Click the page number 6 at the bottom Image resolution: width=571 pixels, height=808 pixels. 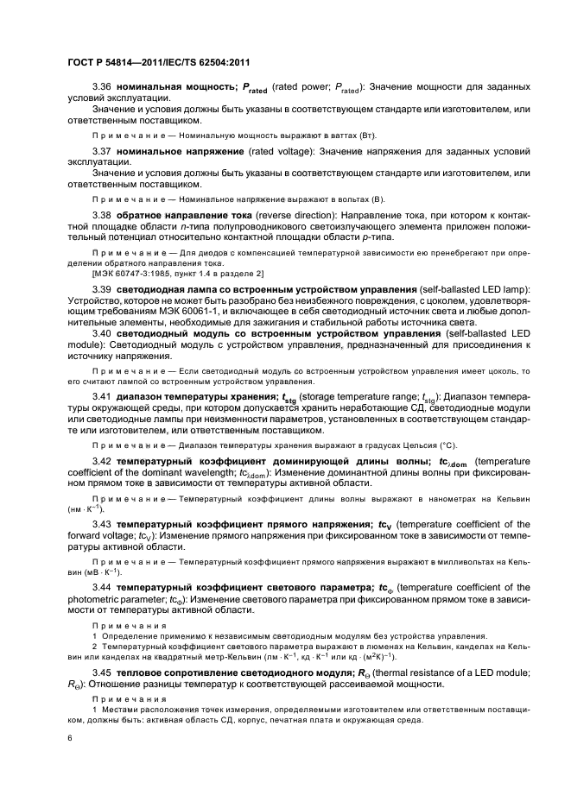69,739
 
